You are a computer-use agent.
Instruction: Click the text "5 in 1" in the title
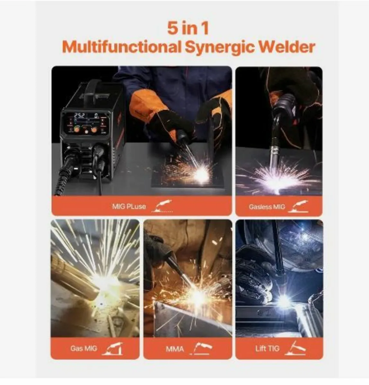(188, 28)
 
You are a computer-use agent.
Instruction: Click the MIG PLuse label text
(129, 206)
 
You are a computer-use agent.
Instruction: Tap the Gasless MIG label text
(267, 207)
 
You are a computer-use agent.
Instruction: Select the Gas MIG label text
(83, 348)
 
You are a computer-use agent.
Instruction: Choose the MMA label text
(175, 348)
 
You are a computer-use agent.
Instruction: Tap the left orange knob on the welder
(77, 129)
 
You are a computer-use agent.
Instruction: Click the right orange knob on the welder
(94, 129)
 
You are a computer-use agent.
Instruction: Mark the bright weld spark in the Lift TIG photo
(284, 301)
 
